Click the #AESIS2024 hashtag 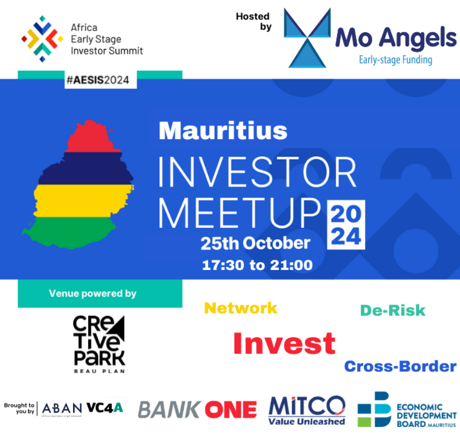tap(98, 80)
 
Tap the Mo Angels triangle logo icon tap(307, 38)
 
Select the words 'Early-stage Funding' tap(395, 60)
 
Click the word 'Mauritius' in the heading tap(223, 131)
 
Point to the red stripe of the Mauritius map tap(93, 137)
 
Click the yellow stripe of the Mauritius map tap(83, 201)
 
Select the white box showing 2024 tap(346, 225)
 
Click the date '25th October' tap(255, 243)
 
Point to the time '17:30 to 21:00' tap(257, 265)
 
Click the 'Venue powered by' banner tap(100, 293)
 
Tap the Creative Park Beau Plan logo tap(99, 344)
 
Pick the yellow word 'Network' tap(241, 308)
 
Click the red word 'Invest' tap(284, 343)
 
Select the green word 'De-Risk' tap(393, 311)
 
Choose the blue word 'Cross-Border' tap(400, 367)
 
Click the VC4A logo tap(105, 407)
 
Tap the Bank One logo tap(197, 410)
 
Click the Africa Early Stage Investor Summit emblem tap(42, 39)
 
